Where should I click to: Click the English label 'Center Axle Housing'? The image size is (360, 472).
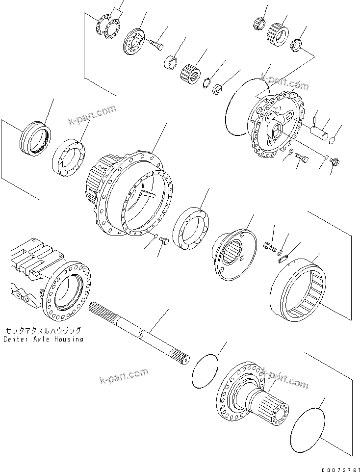coord(43,339)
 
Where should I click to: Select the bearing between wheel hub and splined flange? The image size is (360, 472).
coord(192,228)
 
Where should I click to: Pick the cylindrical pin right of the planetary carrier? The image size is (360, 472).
coord(321,133)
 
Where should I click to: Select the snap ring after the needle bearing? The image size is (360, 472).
coord(208,83)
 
